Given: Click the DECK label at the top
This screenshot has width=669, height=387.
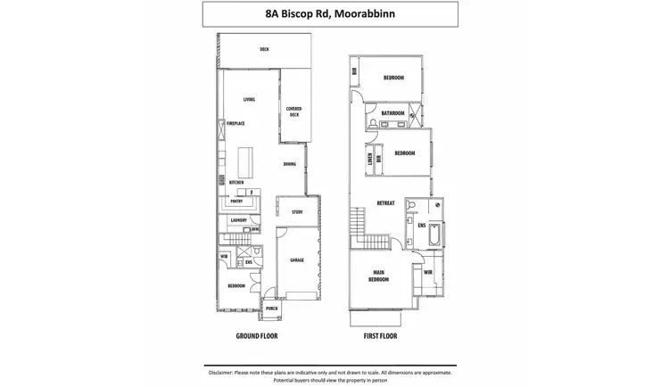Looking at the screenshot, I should coord(264,50).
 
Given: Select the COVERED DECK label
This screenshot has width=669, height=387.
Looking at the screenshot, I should coord(293,112).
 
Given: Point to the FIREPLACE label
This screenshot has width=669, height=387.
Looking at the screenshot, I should coord(235,123).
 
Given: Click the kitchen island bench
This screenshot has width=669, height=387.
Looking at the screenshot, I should coord(245,163).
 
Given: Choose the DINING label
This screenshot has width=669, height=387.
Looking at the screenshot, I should coord(290,164).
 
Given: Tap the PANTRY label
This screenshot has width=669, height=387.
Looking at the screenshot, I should coord(236,202).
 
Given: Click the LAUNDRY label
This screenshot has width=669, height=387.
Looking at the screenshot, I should coord(238,220).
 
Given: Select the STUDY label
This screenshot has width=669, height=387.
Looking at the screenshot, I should coord(298,212).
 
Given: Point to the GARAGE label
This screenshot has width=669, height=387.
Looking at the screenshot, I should coord(297,260).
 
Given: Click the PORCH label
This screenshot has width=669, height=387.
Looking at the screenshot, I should coord(271,309).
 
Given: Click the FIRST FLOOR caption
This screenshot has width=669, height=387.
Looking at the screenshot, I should coord(381,336).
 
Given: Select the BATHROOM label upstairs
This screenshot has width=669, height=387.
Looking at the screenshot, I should coord(393,114).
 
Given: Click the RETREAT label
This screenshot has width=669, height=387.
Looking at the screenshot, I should coord(386,203).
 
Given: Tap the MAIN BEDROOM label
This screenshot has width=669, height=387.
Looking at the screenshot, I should coord(380,276).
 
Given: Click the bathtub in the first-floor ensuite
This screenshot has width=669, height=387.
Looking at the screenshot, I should coord(434,235).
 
